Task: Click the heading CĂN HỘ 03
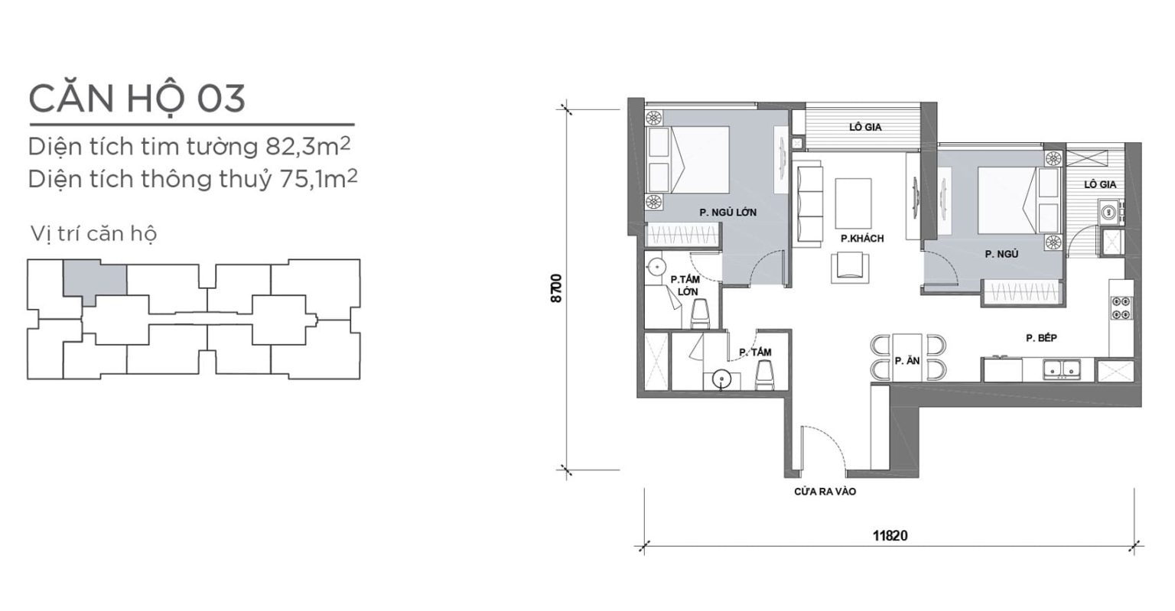click(x=137, y=98)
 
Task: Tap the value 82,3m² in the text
click(x=308, y=147)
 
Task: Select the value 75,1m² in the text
click(x=318, y=179)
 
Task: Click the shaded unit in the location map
click(x=95, y=280)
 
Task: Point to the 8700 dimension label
click(x=557, y=288)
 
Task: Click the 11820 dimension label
click(x=890, y=535)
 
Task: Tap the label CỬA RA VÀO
click(x=825, y=492)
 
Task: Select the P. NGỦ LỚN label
click(x=728, y=213)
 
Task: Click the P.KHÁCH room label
click(x=862, y=239)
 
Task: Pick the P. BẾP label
click(x=1041, y=338)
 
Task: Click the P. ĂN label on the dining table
click(x=907, y=361)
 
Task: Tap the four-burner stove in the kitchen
click(x=1121, y=308)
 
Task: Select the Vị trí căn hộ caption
click(x=93, y=233)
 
